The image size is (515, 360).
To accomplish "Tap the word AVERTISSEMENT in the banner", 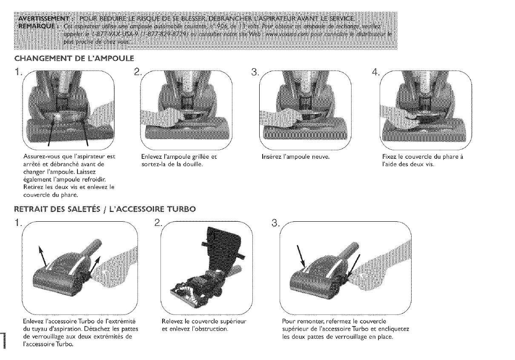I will coord(37,20).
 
